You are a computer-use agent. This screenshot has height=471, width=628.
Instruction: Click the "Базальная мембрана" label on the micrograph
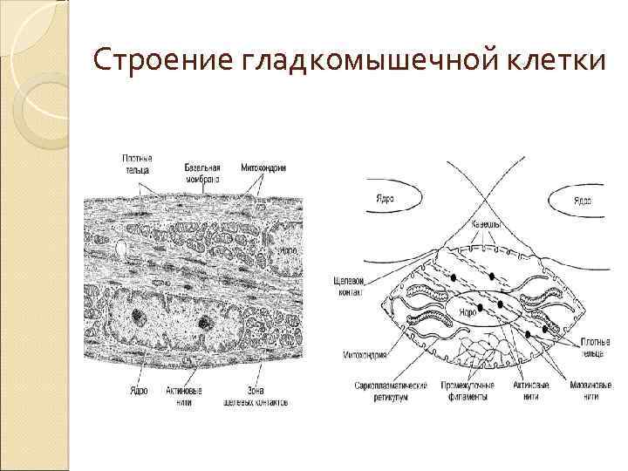click(201, 172)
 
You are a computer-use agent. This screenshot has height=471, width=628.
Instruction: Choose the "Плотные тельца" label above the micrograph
click(136, 163)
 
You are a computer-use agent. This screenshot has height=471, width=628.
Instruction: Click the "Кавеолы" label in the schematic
click(485, 224)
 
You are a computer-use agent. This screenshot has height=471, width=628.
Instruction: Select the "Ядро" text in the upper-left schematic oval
click(384, 197)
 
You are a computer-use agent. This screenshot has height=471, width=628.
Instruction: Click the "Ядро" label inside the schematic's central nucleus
click(468, 311)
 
